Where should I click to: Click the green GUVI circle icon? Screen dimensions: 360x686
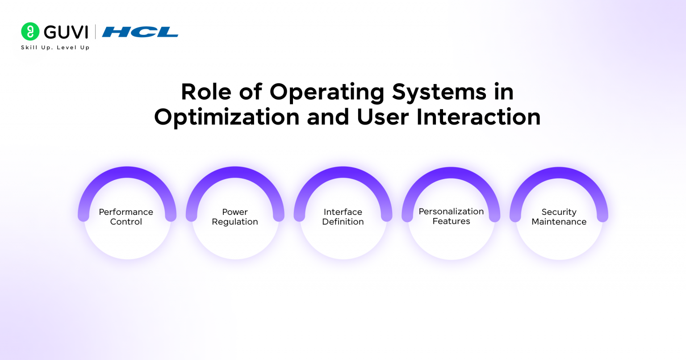[x=30, y=32]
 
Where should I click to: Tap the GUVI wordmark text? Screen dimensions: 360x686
[x=66, y=32]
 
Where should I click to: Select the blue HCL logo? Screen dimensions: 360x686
[x=140, y=32]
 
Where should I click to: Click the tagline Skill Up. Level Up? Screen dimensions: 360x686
[x=55, y=47]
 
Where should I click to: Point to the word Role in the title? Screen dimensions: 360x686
[x=206, y=92]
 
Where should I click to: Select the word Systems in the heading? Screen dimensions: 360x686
[x=439, y=92]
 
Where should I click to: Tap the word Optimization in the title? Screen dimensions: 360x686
[x=226, y=117]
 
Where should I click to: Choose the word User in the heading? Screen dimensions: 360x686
[x=383, y=117]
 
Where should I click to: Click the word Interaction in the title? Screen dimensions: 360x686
[x=478, y=117]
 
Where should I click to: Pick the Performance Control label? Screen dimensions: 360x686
[x=126, y=217]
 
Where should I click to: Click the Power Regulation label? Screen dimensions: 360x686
[x=235, y=217]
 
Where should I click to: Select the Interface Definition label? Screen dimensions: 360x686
[x=343, y=217]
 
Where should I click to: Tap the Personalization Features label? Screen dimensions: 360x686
[x=451, y=216]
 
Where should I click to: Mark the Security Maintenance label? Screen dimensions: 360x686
[x=559, y=217]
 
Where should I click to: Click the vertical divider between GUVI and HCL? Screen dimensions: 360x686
[x=95, y=32]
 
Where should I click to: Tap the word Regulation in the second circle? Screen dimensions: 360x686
[x=235, y=222]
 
